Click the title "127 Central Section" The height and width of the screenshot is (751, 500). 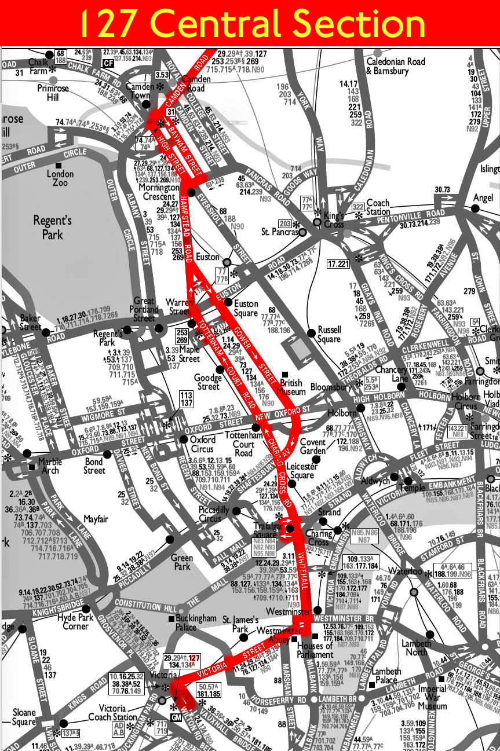click(250, 23)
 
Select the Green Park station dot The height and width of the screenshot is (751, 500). click(170, 540)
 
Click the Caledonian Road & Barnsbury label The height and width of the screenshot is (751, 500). click(396, 66)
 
